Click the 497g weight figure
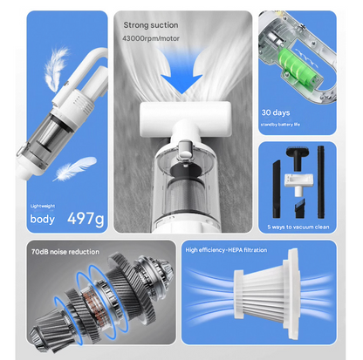[86, 219]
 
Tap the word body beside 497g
[42, 219]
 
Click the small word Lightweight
[43, 206]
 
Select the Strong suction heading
[151, 25]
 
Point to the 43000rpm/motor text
[151, 38]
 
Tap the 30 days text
[276, 112]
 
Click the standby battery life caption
[280, 125]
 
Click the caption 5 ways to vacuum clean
[298, 227]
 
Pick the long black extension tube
[321, 182]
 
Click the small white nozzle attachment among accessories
[298, 184]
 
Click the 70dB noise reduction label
[65, 252]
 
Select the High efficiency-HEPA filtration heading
[226, 250]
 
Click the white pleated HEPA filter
[267, 294]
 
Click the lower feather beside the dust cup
[75, 168]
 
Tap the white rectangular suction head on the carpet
[185, 119]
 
